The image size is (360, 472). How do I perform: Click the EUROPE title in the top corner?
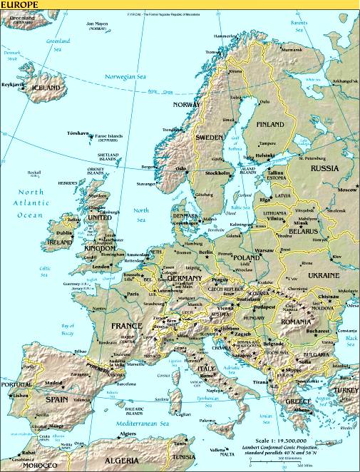[x=21, y=4]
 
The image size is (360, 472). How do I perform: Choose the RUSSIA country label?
[x=325, y=168]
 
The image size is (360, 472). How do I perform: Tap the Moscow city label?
[x=347, y=190]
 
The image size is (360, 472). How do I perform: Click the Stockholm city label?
[x=217, y=173]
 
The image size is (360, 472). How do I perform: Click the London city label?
[x=101, y=267]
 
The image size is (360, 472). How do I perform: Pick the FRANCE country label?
[x=128, y=326]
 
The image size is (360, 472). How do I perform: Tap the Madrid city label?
[x=53, y=383]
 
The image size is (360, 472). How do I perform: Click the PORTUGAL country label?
[x=15, y=386]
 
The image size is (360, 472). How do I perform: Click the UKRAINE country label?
[x=324, y=274]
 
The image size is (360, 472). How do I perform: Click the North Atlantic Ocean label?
[x=31, y=203]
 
